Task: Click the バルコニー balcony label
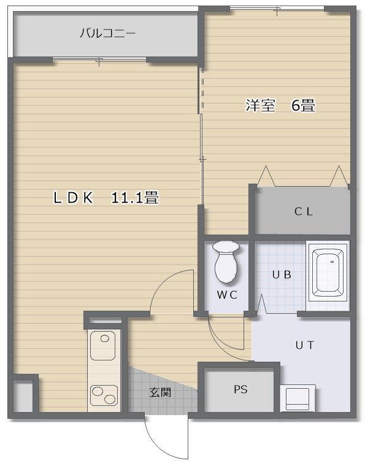click(107, 33)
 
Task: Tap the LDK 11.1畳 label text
click(106, 198)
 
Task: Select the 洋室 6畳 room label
click(280, 105)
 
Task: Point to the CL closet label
click(304, 211)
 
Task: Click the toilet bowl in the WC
click(226, 262)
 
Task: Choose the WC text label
click(227, 295)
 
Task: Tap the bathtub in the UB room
click(328, 272)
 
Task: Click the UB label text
click(282, 275)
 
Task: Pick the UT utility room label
click(305, 345)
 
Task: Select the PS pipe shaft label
click(240, 389)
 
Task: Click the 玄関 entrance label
click(160, 392)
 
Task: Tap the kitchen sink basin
click(102, 346)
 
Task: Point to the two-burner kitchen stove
click(104, 395)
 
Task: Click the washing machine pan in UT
click(298, 398)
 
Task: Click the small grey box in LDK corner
click(23, 395)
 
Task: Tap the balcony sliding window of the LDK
click(99, 60)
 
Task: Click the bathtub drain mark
click(332, 262)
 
